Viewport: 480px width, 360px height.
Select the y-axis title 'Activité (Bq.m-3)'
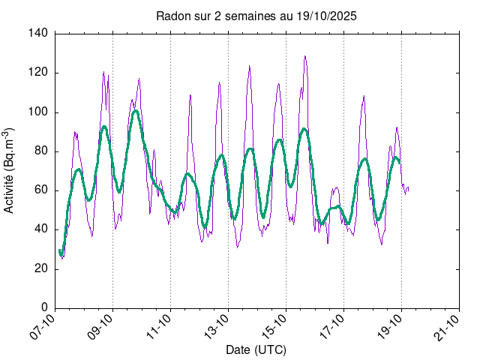click(x=10, y=170)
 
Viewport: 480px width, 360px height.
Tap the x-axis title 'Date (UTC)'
click(x=256, y=350)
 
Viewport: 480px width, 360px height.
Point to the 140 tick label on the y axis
click(x=39, y=34)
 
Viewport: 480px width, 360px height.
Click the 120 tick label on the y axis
click(x=39, y=73)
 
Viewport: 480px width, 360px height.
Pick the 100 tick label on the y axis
click(x=39, y=112)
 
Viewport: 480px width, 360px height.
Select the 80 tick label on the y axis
click(x=42, y=151)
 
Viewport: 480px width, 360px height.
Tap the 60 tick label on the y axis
click(x=42, y=190)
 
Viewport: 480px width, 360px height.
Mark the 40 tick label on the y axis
click(x=42, y=229)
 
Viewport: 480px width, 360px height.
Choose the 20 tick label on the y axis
click(x=42, y=268)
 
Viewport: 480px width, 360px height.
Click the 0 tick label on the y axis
click(x=45, y=307)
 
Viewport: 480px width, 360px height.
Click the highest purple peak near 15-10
click(x=304, y=56)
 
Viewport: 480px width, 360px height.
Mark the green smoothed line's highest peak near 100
click(x=136, y=111)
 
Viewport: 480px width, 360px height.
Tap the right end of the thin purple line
click(x=409, y=188)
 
